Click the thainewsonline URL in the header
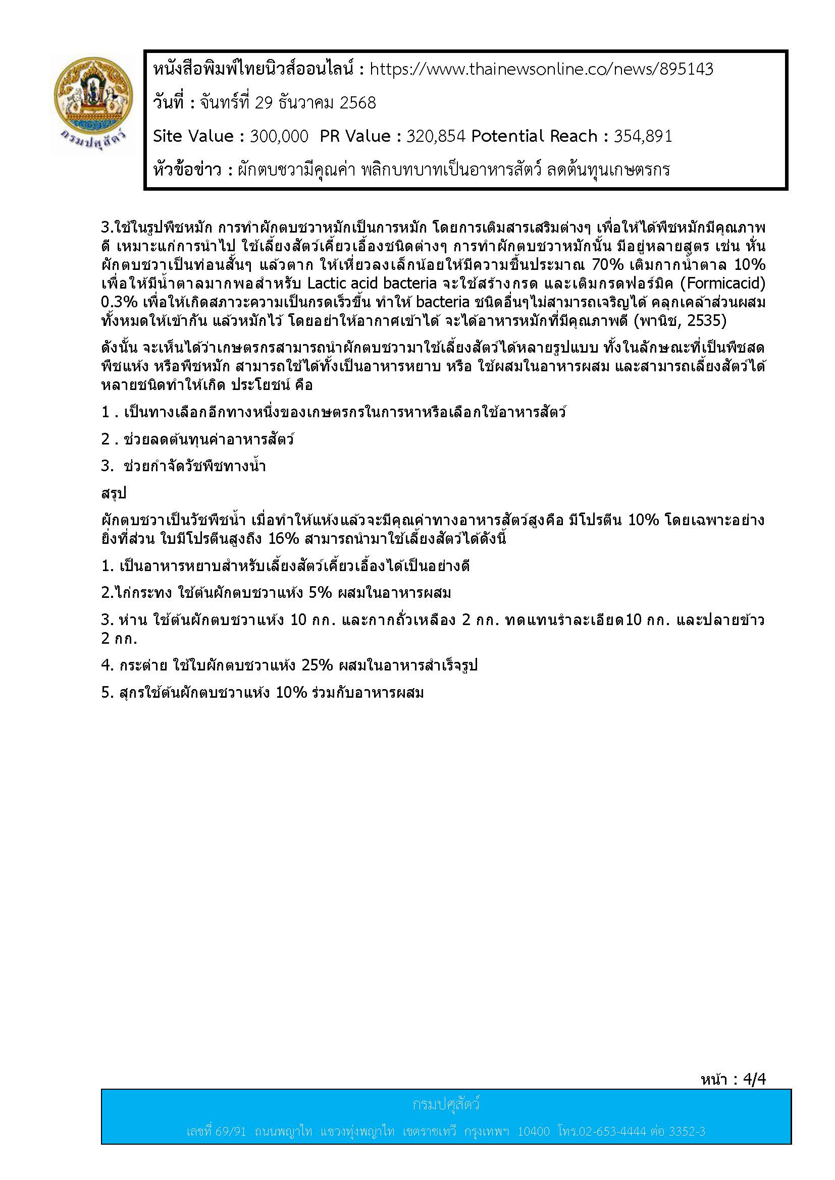541,70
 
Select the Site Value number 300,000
279,136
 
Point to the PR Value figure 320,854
436,136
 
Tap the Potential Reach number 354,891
643,136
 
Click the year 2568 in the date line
358,103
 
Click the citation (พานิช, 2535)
680,321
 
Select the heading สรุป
114,493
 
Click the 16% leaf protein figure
284,539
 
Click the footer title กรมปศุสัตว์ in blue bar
446,1104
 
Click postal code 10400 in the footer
533,1131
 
